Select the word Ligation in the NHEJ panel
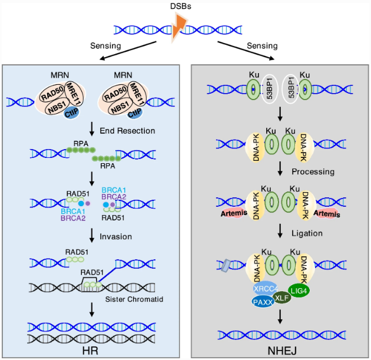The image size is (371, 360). tap(307, 233)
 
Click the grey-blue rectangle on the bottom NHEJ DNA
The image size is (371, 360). tap(226, 266)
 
